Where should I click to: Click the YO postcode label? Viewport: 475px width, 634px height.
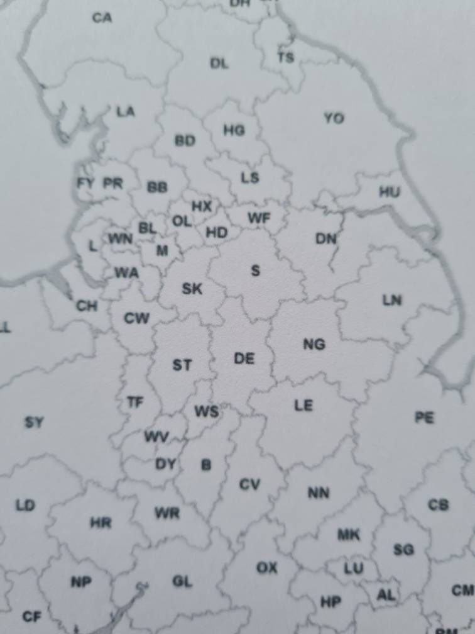coord(334,118)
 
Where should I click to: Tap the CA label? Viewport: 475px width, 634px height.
coord(102,18)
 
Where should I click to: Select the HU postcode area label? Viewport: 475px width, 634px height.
coord(389,192)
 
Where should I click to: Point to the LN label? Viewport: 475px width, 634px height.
coord(391,300)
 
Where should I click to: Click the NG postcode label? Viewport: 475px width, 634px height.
coord(314,344)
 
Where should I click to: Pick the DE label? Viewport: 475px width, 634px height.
coord(244,359)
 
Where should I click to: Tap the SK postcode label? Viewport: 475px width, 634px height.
coord(192,289)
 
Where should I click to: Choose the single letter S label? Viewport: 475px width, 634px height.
coord(255,271)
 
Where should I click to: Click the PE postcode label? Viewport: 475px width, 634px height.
coord(424,417)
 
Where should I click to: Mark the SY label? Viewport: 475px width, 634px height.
coord(34,422)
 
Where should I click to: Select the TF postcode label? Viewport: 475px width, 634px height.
coord(134,401)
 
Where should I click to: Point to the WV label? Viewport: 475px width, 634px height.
coord(156,436)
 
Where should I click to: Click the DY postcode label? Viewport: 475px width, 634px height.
coord(165,464)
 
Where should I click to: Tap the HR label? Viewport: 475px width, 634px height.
coord(101,523)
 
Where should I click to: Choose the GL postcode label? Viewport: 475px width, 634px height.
coord(182,582)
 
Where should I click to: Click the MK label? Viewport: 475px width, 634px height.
coord(349,535)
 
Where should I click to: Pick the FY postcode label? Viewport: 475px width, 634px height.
coord(85,184)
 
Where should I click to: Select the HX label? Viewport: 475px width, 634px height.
coord(201,206)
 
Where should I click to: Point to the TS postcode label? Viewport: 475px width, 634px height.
coord(285,58)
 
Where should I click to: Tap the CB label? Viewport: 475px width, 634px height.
coord(438,504)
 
